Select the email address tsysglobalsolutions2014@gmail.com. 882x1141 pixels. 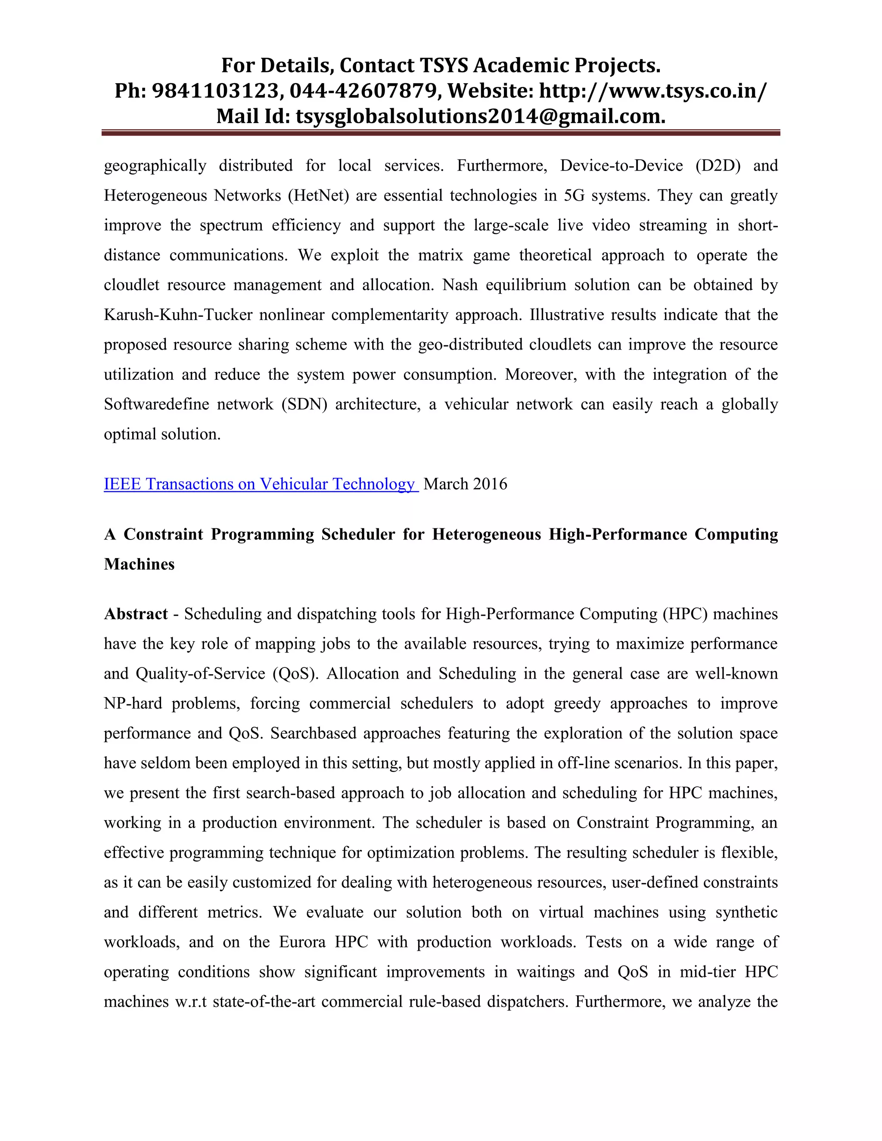click(480, 116)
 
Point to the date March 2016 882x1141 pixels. click(465, 484)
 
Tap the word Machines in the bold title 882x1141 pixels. click(139, 564)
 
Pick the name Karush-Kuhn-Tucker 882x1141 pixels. click(178, 315)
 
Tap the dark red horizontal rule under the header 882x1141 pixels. click(441, 133)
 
